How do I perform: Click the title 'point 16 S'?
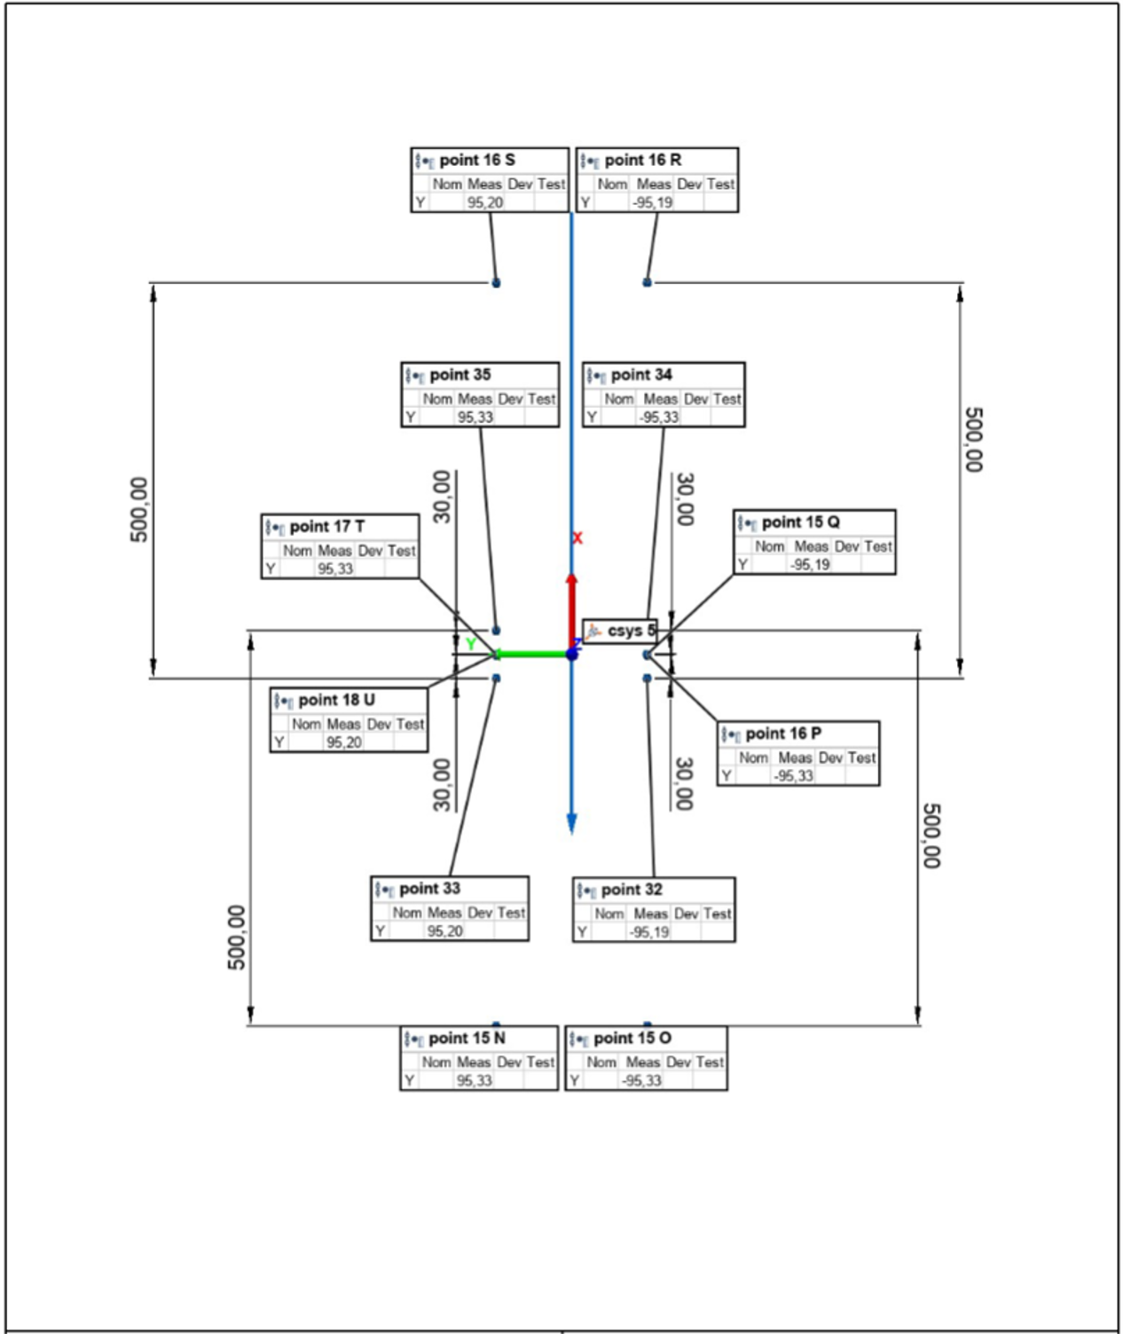476,161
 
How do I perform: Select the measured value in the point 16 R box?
653,203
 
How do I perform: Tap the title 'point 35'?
459,375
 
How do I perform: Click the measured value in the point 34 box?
659,418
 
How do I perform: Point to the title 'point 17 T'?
326,527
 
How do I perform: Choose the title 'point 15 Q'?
800,522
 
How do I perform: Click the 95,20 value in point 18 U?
343,742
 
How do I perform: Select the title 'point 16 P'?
782,734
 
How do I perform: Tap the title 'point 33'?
429,889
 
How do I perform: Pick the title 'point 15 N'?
467,1038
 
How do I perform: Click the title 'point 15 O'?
632,1038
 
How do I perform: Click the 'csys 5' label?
631,632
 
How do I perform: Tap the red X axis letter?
577,538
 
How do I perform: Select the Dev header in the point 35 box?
510,399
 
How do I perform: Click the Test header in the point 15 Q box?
877,546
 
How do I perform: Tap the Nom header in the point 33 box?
407,913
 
